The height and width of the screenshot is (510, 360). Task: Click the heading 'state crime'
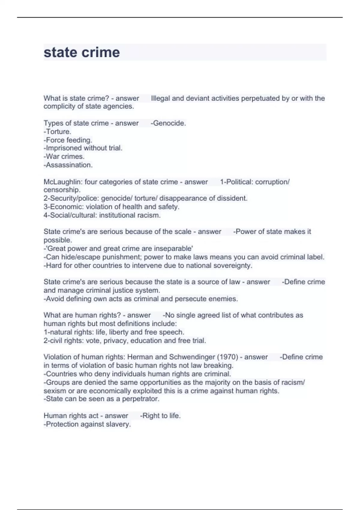[82, 52]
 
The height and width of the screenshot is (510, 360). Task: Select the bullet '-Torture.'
[57, 131]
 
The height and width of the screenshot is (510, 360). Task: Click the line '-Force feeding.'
[68, 140]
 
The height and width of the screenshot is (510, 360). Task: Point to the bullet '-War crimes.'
[64, 156]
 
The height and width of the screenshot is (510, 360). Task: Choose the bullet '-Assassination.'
[68, 165]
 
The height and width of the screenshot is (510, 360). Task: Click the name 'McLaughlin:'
[63, 182]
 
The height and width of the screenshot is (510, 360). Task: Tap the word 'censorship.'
[62, 190]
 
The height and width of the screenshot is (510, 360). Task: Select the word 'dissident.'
[233, 198]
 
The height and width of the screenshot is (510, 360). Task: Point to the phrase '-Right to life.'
[160, 416]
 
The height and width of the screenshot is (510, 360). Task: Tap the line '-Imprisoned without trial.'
[83, 148]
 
